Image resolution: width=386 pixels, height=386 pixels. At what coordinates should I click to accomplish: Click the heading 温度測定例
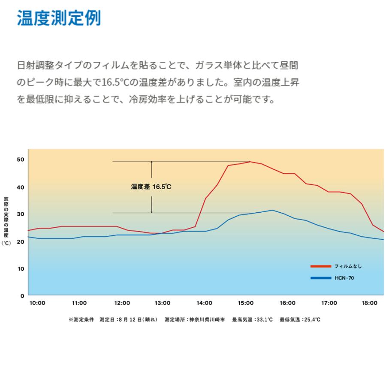pos(59,19)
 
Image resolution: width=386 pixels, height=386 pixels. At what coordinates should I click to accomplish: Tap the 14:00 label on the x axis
pos(204,303)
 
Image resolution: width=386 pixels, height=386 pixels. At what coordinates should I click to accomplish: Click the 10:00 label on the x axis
pos(37,303)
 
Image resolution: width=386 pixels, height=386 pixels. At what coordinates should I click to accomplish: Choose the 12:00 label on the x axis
pos(122,303)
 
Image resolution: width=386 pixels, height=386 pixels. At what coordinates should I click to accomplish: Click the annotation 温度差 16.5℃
pos(151,187)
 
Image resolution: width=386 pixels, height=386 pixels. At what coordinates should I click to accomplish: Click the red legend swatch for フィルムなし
pos(321,266)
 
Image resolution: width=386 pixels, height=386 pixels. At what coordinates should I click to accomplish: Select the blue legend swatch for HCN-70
pos(321,278)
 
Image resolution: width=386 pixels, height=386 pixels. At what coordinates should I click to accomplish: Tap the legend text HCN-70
pos(344,278)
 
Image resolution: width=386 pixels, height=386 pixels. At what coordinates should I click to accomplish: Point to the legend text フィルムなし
pos(348,266)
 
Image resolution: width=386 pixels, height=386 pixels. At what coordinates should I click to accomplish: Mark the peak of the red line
pos(250,162)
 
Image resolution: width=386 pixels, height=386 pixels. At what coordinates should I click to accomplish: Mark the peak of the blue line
pos(272,210)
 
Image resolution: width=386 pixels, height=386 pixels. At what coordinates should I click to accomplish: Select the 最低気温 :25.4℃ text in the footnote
pos(300,320)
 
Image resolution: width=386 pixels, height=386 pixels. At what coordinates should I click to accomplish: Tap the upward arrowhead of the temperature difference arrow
pos(151,163)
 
